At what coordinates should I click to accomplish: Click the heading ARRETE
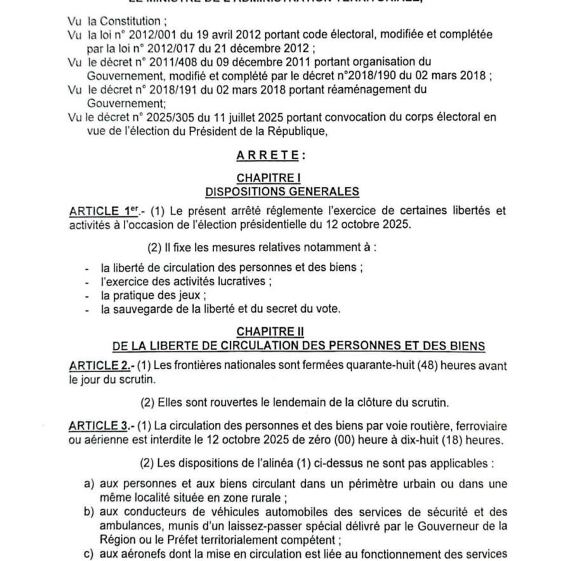[268, 156]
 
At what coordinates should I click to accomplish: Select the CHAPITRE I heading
[268, 178]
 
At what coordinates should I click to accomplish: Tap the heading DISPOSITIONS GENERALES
[282, 192]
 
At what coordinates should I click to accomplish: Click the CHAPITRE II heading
[270, 332]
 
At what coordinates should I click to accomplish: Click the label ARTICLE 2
[100, 366]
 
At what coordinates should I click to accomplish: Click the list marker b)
[89, 512]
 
